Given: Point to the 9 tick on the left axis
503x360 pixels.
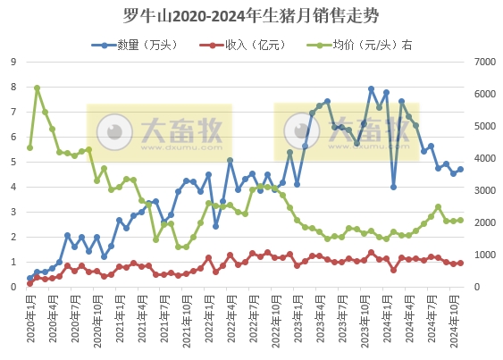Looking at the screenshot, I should (13, 62).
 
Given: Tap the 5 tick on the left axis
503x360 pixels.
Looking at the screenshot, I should (13, 162).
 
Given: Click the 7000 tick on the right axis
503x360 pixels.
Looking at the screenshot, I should (483, 62).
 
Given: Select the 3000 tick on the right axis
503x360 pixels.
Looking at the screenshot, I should (483, 190).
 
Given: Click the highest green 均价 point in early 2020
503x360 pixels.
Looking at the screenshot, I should (37, 88).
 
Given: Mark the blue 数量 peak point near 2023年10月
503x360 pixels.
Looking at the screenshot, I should (371, 89).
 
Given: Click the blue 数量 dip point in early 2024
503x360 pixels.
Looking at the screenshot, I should (393, 187).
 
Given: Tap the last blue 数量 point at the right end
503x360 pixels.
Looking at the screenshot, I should (460, 169).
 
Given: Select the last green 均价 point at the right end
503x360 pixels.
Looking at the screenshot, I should (460, 220).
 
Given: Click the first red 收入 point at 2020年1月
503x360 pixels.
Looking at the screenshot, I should (29, 283).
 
